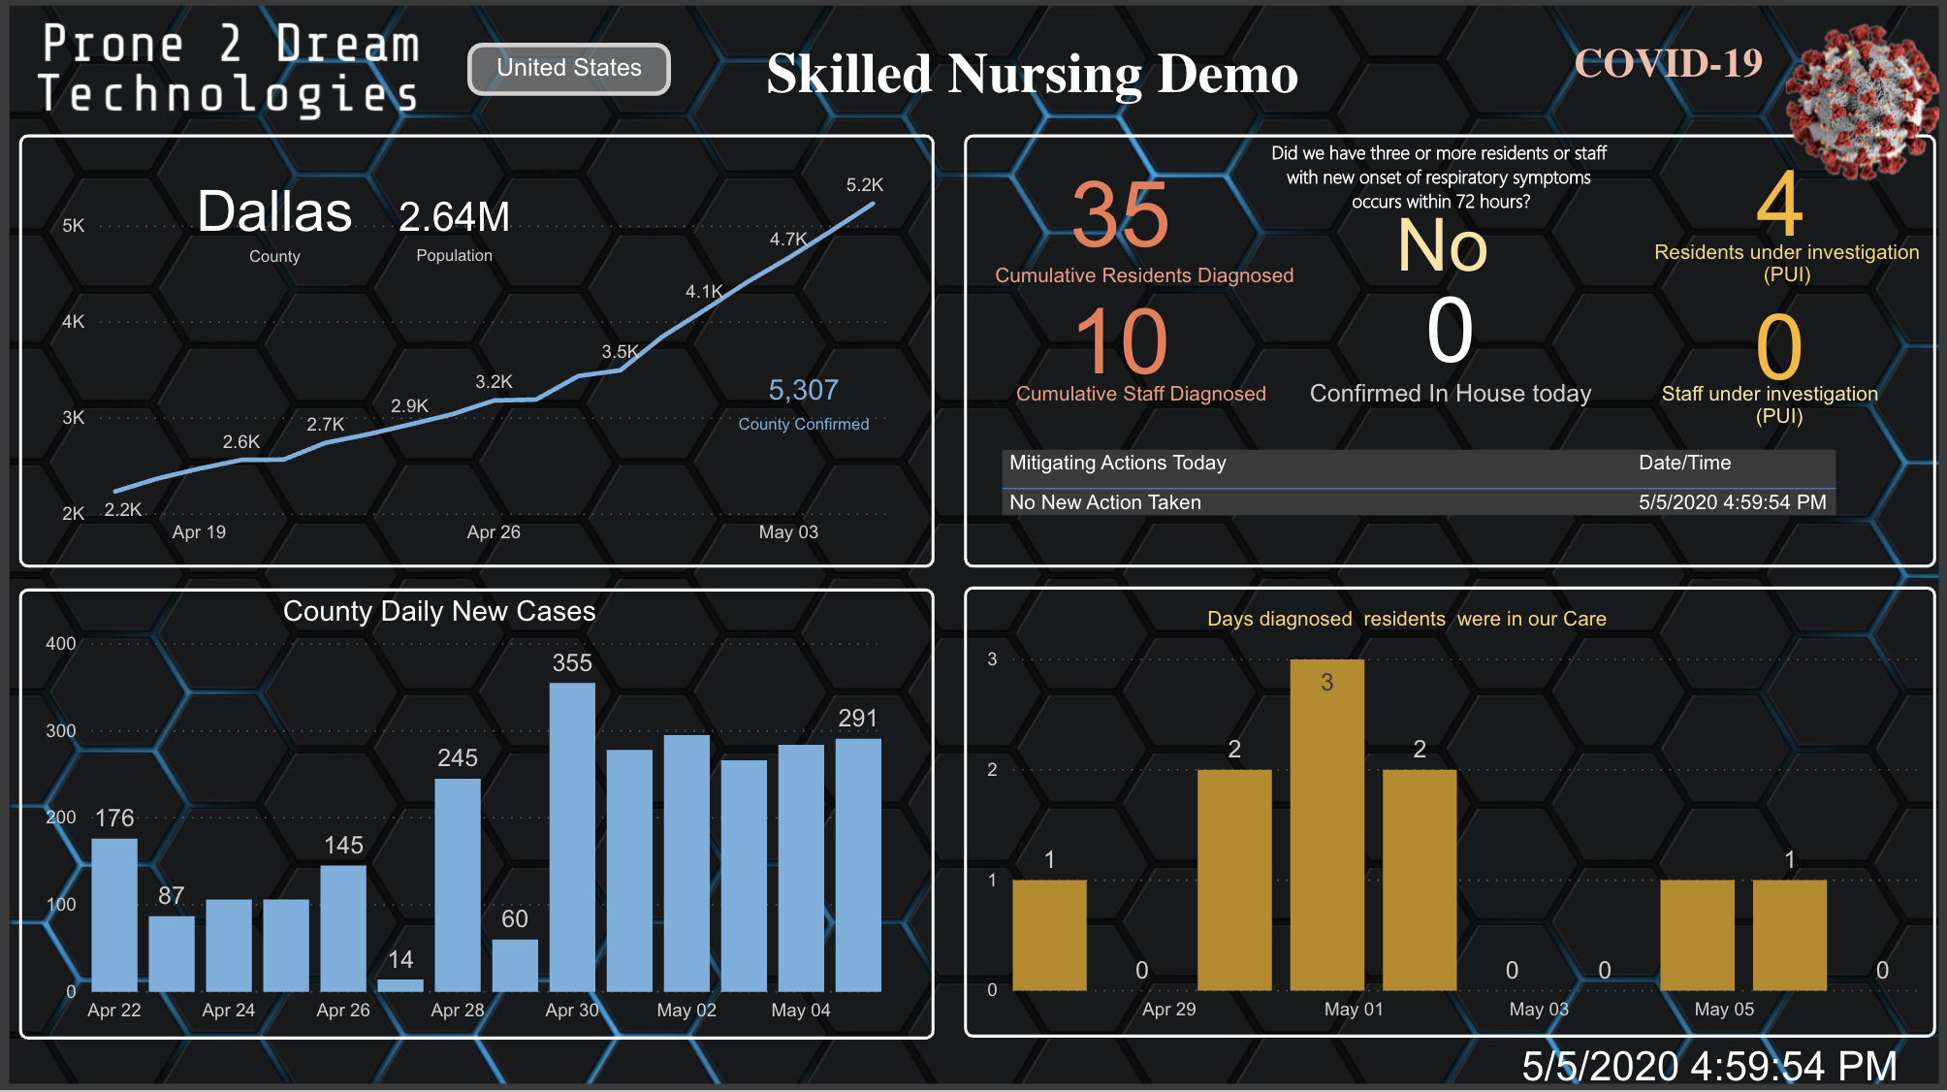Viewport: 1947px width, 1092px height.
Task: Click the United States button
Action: point(569,69)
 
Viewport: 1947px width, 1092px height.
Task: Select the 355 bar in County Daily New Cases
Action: point(572,836)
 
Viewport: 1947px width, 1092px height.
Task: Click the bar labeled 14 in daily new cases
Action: point(400,984)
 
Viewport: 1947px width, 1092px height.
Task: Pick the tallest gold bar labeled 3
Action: point(1326,824)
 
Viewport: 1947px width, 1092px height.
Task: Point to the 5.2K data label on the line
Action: point(864,185)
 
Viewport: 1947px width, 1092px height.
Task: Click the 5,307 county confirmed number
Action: point(803,390)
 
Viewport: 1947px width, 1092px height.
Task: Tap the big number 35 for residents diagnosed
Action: point(1120,215)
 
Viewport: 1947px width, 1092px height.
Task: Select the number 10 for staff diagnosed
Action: point(1120,341)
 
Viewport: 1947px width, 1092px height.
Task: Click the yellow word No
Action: point(1442,246)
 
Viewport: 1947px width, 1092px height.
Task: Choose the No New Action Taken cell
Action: point(1105,502)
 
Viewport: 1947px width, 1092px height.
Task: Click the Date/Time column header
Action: point(1684,463)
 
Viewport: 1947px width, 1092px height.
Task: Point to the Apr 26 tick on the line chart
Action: point(494,532)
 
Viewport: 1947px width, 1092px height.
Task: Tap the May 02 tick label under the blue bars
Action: point(686,1011)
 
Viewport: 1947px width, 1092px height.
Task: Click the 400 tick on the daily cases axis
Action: point(60,644)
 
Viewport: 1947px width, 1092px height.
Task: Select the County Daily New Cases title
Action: point(439,611)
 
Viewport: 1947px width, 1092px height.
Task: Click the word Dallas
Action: point(274,211)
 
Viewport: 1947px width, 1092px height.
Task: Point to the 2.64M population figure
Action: point(454,217)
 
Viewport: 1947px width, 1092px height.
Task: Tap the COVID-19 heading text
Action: point(1668,64)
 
